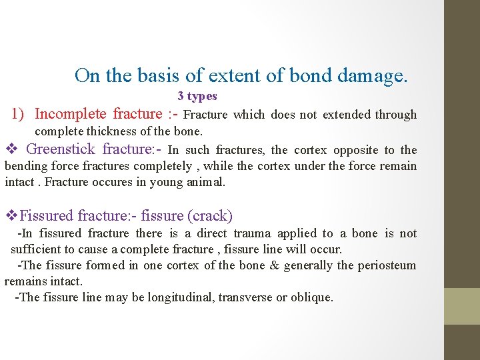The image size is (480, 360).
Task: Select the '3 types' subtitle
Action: click(x=197, y=97)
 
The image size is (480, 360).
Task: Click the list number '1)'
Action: click(x=19, y=115)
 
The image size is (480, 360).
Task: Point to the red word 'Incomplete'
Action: click(x=71, y=115)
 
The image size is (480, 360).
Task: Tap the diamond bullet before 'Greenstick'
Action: click(x=10, y=150)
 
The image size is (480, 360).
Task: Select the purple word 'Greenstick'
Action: click(x=60, y=150)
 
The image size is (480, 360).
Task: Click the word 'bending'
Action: click(x=24, y=166)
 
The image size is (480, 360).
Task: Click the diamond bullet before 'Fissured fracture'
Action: click(x=11, y=216)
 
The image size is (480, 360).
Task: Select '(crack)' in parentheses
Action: click(x=210, y=216)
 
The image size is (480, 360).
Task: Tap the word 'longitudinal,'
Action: click(x=178, y=297)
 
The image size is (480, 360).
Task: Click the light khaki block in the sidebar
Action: click(x=462, y=306)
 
